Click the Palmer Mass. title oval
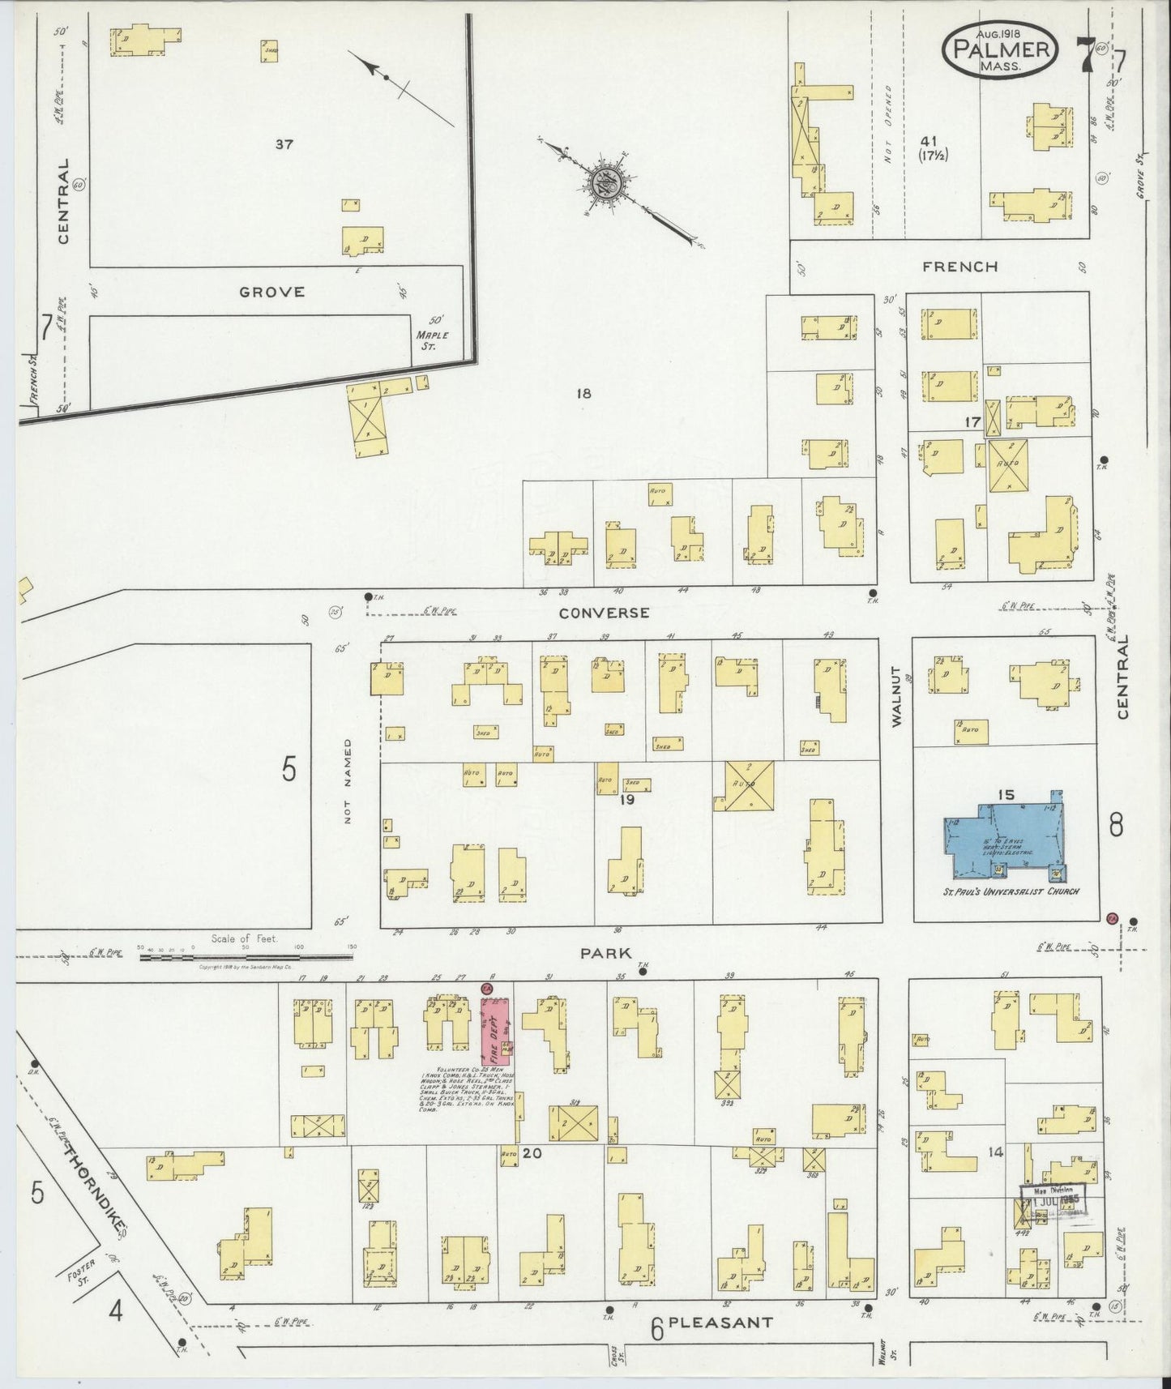[x=998, y=50]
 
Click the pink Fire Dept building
[x=495, y=1030]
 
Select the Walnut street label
[x=897, y=696]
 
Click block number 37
[x=284, y=144]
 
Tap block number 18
[x=583, y=394]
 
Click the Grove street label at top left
[x=272, y=292]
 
